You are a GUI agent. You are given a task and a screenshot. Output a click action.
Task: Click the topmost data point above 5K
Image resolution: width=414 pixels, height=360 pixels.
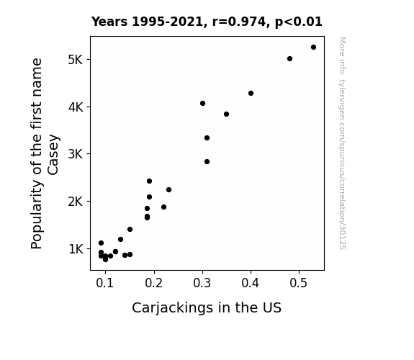click(313, 48)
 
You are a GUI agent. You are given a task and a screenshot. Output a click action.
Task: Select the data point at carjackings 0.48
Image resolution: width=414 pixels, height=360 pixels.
click(289, 58)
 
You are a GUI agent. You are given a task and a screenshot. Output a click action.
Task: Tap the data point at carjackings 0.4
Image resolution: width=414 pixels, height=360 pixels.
click(251, 93)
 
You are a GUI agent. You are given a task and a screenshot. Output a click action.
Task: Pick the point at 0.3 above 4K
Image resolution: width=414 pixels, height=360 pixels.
click(202, 103)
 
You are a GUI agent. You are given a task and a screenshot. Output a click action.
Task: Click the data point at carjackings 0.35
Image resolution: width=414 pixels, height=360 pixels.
click(226, 114)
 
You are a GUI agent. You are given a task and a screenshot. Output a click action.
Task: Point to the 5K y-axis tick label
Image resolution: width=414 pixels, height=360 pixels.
click(76, 60)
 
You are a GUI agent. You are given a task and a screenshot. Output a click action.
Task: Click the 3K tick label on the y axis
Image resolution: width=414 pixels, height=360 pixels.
click(76, 154)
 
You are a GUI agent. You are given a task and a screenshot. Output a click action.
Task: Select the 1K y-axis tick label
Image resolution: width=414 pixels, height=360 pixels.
click(76, 249)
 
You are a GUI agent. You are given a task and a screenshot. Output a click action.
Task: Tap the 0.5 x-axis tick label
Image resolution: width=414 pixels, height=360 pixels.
click(298, 283)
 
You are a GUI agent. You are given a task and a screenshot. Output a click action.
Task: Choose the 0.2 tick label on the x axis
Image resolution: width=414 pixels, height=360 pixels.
click(153, 283)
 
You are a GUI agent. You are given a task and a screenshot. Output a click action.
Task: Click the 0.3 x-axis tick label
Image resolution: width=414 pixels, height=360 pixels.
click(202, 283)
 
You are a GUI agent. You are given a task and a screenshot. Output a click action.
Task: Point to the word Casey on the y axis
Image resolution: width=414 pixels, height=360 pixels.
click(53, 155)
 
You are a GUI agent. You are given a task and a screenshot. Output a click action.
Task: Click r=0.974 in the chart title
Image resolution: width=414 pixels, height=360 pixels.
click(239, 22)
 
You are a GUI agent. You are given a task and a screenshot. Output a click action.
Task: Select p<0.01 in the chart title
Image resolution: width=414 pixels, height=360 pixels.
click(299, 22)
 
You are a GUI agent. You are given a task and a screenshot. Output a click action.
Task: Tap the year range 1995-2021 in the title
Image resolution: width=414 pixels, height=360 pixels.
click(167, 22)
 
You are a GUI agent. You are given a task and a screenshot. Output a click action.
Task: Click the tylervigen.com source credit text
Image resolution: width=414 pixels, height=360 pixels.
click(342, 143)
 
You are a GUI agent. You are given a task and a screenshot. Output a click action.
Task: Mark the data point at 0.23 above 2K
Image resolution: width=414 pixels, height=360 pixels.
click(168, 189)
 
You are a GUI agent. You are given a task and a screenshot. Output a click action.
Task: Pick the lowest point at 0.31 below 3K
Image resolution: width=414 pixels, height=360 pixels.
click(207, 162)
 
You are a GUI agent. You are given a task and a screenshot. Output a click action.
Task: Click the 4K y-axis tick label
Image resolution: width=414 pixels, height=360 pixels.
click(76, 107)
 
